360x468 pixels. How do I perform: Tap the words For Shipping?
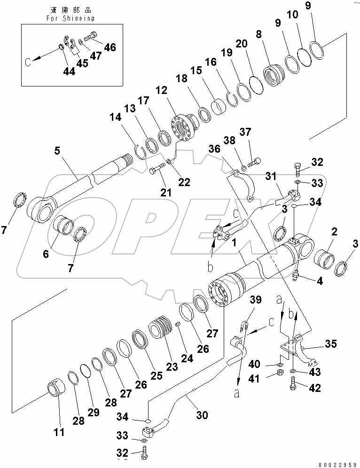[x=70, y=18]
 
